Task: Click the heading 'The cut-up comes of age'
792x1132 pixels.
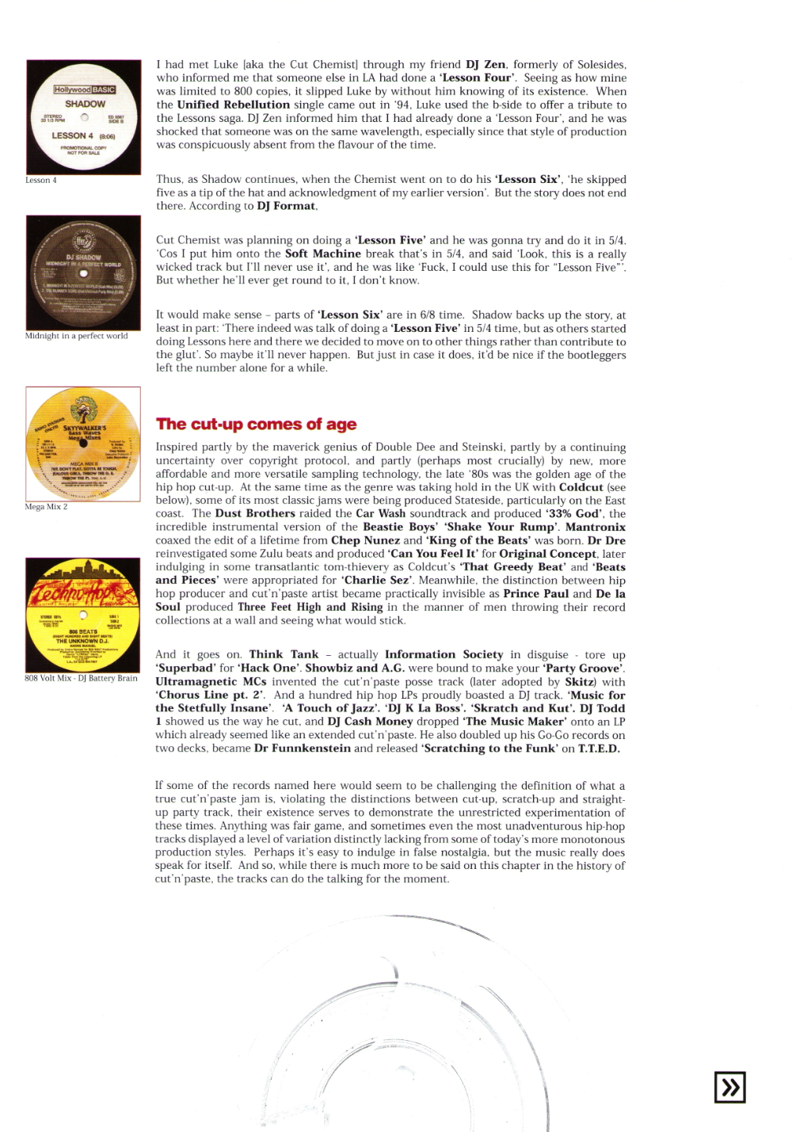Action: (x=256, y=425)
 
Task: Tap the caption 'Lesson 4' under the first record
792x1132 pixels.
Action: (x=41, y=181)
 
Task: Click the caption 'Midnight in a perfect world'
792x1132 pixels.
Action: (x=76, y=336)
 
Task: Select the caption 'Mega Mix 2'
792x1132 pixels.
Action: (x=46, y=507)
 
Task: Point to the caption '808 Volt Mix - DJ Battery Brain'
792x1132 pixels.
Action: (x=81, y=678)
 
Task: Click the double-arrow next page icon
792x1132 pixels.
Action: (x=729, y=1087)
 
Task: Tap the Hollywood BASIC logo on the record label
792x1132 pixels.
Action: (x=85, y=90)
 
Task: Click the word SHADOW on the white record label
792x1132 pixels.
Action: (x=85, y=104)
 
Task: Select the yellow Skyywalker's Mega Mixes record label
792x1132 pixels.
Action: (x=83, y=444)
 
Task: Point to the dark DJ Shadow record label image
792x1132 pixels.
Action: (x=83, y=273)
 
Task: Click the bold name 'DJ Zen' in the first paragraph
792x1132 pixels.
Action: (x=485, y=65)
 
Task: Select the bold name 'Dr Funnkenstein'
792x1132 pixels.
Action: (x=302, y=749)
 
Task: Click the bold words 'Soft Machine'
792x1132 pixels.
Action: (x=322, y=253)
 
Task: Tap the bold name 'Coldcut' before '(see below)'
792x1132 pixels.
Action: (x=581, y=487)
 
